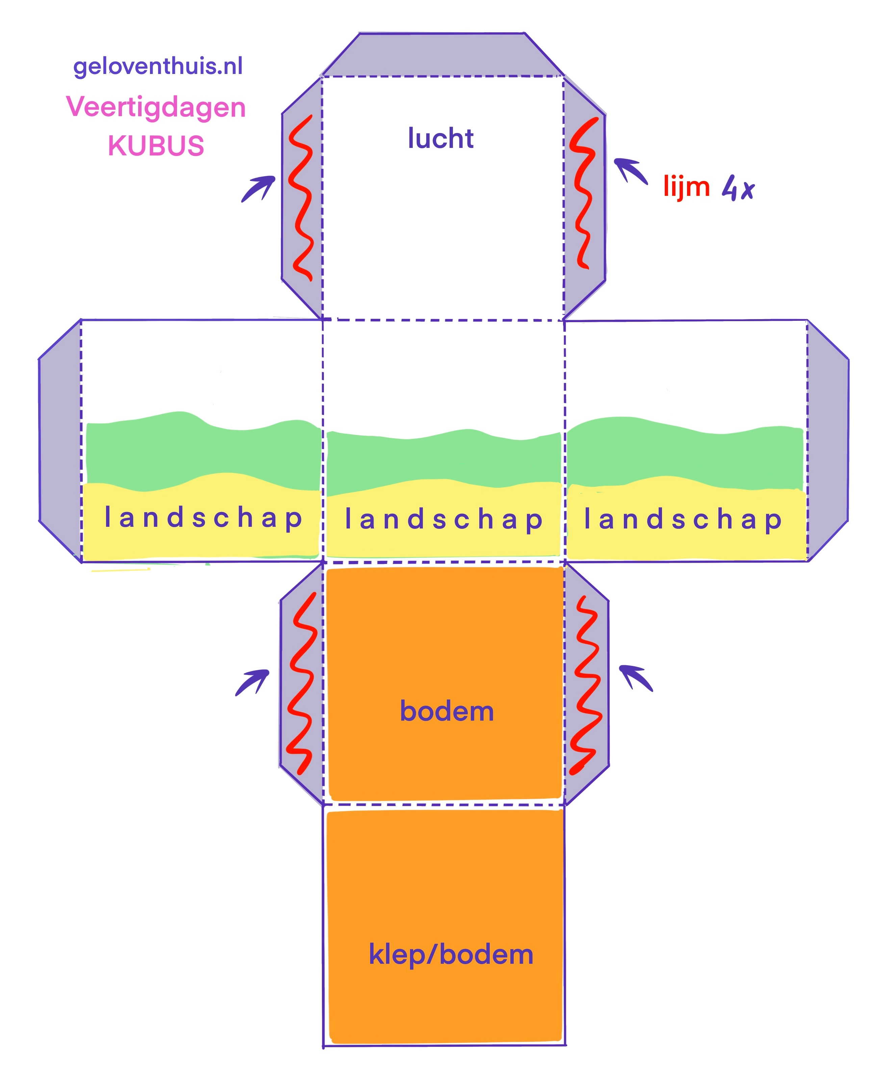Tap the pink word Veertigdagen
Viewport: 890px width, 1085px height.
click(x=156, y=108)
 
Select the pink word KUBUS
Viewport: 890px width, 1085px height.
click(x=156, y=146)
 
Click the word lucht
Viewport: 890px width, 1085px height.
click(x=440, y=138)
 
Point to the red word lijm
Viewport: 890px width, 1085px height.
click(x=686, y=186)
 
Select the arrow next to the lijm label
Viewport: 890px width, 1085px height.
click(x=631, y=170)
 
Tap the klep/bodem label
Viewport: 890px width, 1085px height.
click(x=451, y=954)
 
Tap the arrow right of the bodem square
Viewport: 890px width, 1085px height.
click(x=636, y=677)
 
